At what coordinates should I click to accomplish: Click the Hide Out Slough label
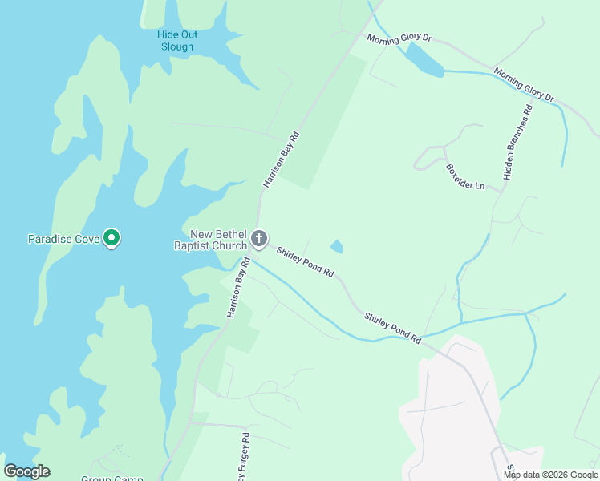coord(177,41)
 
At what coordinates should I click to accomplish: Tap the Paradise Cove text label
coord(63,239)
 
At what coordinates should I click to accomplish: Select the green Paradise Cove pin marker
coord(113,238)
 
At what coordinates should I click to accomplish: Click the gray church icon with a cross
coord(258,238)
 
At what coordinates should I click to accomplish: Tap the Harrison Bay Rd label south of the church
coord(238,288)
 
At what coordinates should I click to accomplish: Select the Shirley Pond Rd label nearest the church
coord(305,262)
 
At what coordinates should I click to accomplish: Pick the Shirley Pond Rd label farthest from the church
coord(392,329)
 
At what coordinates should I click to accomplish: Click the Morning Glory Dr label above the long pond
coord(399,38)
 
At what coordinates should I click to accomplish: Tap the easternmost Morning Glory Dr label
coord(524,84)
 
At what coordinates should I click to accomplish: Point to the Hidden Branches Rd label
coord(517,144)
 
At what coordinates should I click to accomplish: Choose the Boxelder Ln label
coord(465,177)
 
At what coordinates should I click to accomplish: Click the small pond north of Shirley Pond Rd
coord(337,247)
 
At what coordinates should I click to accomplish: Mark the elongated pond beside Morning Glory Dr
coord(423,61)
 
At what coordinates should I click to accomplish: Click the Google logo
coord(27,471)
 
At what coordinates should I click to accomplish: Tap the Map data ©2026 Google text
coord(550,475)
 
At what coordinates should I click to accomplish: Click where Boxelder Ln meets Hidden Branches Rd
coord(501,191)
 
